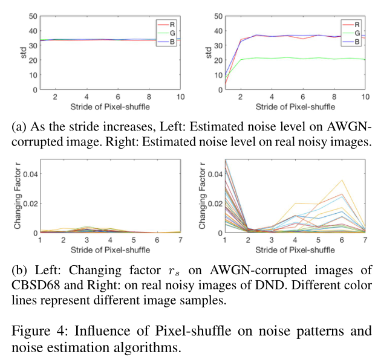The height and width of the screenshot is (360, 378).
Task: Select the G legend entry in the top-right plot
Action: [x=357, y=34]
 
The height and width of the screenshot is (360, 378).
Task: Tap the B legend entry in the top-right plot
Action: [x=357, y=43]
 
